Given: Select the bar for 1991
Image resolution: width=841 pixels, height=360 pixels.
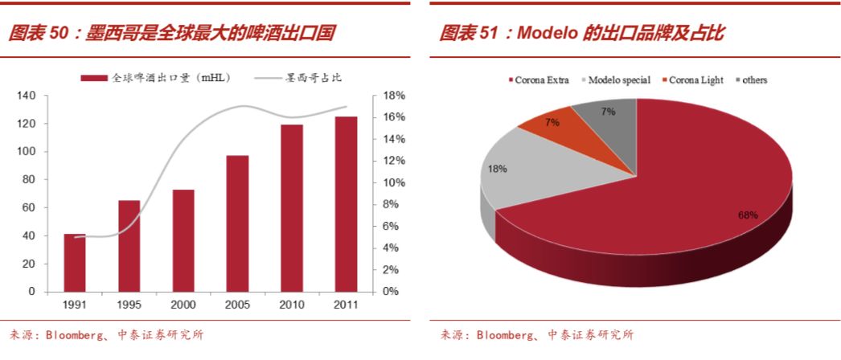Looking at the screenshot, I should pos(75,263).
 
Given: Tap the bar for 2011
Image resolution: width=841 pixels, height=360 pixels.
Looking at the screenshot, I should pos(346,204).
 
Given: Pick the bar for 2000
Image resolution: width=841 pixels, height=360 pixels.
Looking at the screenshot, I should pos(183,240).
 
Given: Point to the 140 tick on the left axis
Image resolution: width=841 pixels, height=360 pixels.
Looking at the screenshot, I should pos(27,96).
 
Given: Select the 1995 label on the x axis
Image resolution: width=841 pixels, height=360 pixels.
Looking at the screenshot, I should pos(129,305).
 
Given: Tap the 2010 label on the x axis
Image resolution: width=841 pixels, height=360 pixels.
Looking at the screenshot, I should pos(292,305).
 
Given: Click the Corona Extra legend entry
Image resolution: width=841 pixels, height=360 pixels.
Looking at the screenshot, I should pos(541,80).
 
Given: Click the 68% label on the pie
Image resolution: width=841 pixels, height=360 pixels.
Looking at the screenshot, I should pos(748,215).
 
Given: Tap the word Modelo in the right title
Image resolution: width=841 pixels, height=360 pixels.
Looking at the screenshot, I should pos(545,33).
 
